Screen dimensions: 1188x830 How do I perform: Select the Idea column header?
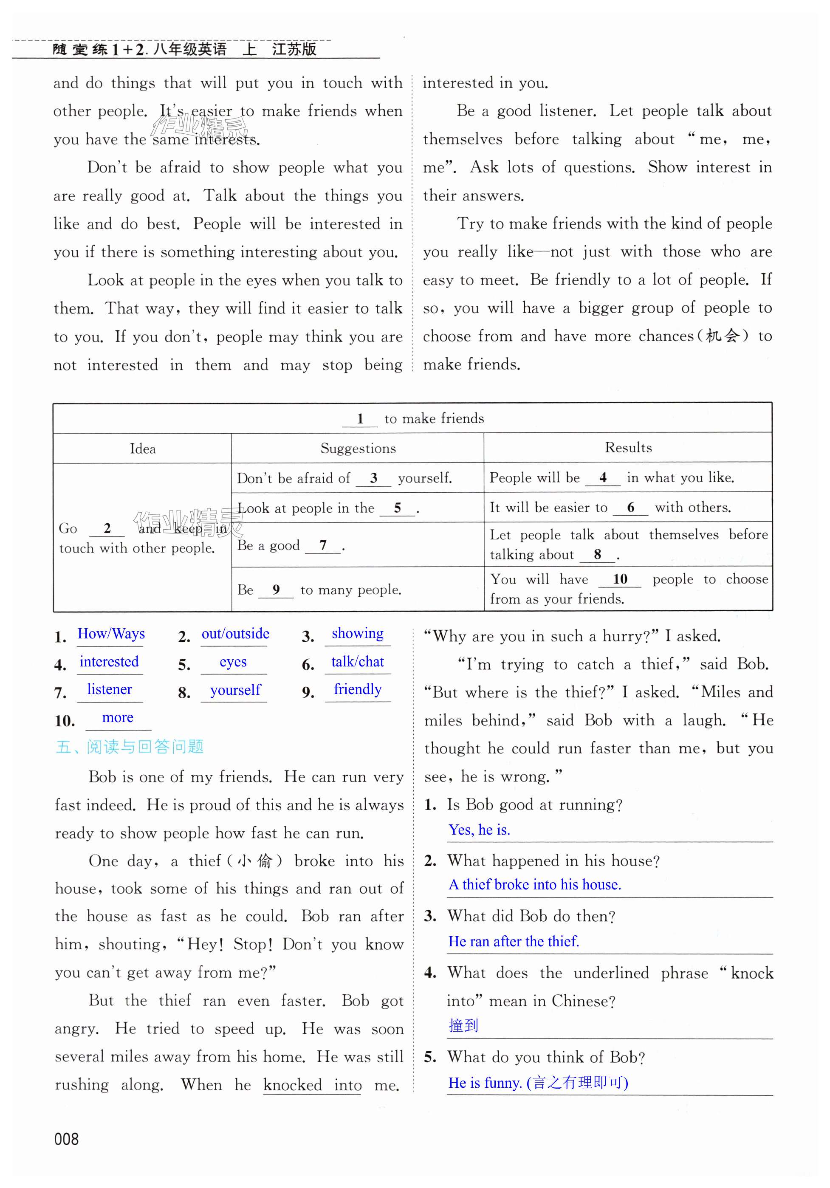(x=143, y=449)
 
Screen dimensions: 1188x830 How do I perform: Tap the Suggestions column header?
(x=358, y=448)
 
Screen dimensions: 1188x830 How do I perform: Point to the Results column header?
(x=628, y=448)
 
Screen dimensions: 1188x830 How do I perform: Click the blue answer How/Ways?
(x=111, y=634)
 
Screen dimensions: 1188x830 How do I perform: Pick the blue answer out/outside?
(x=235, y=634)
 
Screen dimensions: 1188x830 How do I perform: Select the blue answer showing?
(x=358, y=633)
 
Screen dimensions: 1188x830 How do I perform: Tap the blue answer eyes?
(x=233, y=662)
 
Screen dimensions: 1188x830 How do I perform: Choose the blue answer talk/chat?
(x=358, y=662)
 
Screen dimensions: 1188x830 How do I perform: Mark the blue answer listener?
(x=109, y=689)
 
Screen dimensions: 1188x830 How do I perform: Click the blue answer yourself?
(x=235, y=690)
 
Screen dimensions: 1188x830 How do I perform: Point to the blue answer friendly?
(x=358, y=689)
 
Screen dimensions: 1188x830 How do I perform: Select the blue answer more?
(x=118, y=718)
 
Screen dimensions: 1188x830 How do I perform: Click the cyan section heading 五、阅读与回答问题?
(x=130, y=747)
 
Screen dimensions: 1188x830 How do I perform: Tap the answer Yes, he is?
(x=479, y=830)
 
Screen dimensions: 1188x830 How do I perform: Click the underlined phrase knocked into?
(x=312, y=1084)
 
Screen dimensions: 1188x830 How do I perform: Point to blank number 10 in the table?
(x=619, y=579)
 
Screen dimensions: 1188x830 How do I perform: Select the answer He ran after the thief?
(x=513, y=941)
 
